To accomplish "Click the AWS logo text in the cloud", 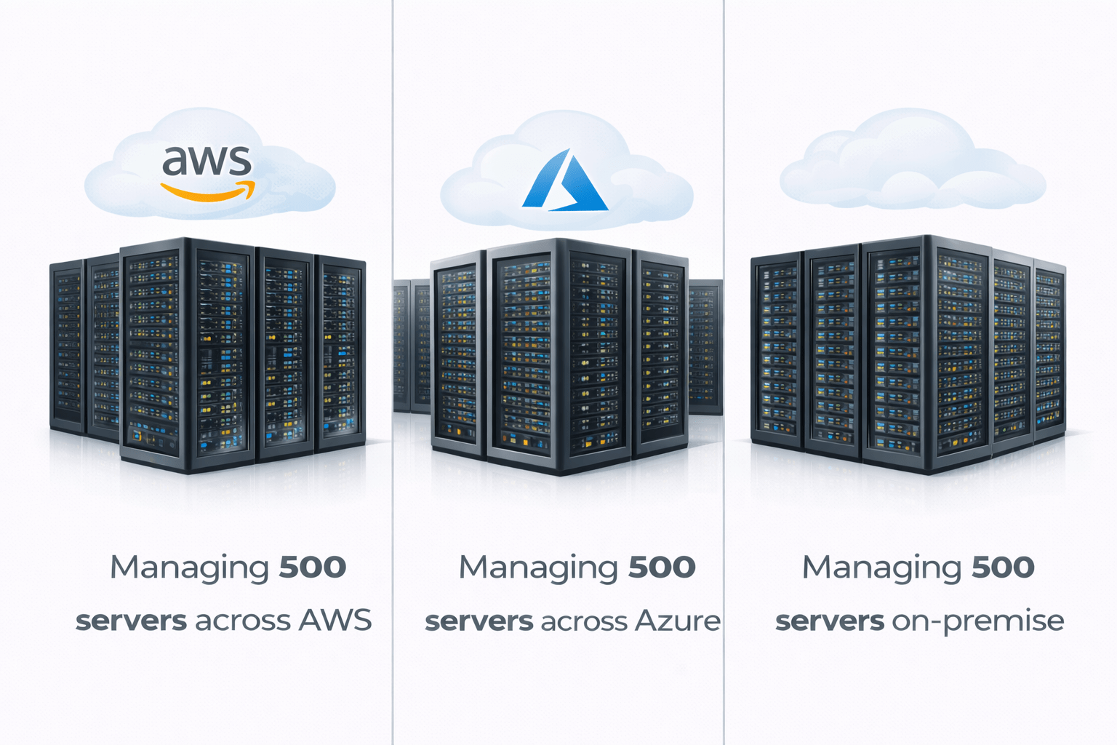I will pyautogui.click(x=207, y=161).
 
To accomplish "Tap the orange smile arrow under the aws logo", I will pyautogui.click(x=209, y=191).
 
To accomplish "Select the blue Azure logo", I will pyautogui.click(x=564, y=181).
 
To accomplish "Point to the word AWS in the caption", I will pyautogui.click(x=335, y=621).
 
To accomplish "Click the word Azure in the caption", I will pyautogui.click(x=677, y=621).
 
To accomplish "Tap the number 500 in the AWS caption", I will pyautogui.click(x=313, y=567).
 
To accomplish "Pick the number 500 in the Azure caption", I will pyautogui.click(x=662, y=567).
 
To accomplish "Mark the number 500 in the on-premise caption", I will pyautogui.click(x=1003, y=567).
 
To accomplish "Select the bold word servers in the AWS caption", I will pyautogui.click(x=132, y=621).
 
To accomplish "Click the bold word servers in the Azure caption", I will pyautogui.click(x=479, y=621).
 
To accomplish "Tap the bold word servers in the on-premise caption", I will pyautogui.click(x=830, y=621).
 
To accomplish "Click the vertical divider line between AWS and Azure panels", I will pyautogui.click(x=393, y=364).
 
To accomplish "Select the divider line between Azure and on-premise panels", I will pyautogui.click(x=724, y=364).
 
